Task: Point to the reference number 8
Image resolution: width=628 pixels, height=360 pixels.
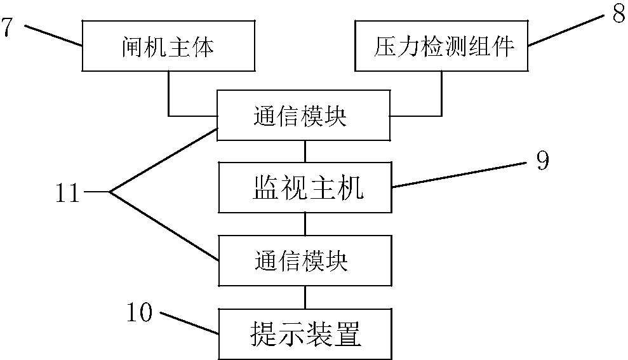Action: [x=618, y=13]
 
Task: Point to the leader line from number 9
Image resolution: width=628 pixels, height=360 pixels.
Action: [x=457, y=176]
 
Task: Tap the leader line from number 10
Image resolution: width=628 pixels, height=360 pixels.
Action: [x=190, y=323]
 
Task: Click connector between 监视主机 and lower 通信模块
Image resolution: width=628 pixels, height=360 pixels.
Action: [x=305, y=224]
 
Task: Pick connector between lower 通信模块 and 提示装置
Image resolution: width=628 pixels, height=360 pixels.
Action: [x=305, y=297]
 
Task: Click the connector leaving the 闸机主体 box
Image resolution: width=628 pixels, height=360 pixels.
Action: [x=169, y=95]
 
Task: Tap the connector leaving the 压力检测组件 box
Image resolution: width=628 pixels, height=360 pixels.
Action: [x=441, y=95]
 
